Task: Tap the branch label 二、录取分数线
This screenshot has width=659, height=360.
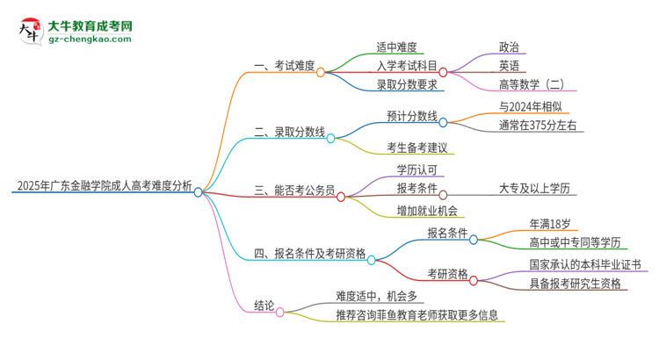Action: [289, 133]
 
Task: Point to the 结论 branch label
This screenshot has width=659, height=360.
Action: [264, 306]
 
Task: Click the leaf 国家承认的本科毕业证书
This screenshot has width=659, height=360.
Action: [584, 263]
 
